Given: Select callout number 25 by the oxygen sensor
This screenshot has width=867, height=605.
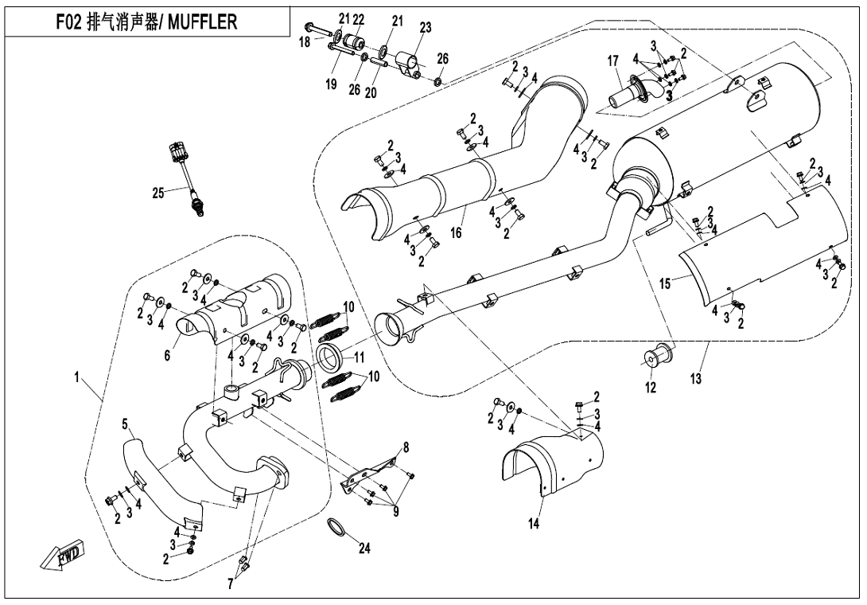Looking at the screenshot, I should click(158, 192).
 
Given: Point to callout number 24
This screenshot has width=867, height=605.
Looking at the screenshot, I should click(365, 548).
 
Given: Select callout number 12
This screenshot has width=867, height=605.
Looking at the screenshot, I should click(651, 388).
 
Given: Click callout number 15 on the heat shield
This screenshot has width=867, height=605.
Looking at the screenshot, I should click(665, 282).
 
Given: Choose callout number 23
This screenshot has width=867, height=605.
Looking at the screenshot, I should click(425, 27).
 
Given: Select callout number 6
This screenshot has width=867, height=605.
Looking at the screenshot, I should click(167, 356).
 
